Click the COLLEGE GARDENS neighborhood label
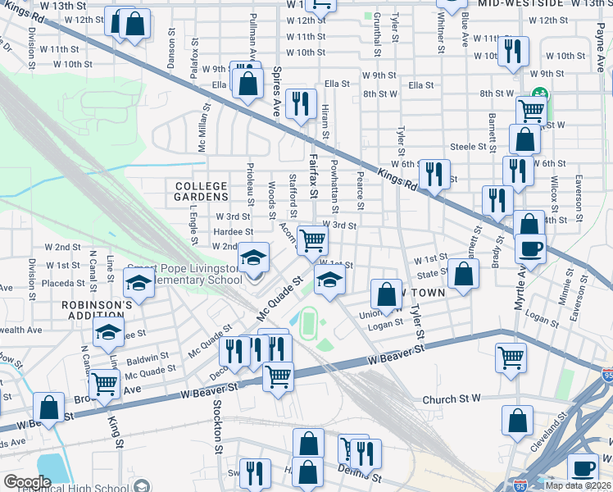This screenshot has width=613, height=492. click(x=201, y=192)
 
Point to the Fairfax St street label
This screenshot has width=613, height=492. click(x=313, y=179)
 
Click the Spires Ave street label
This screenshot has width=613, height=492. click(x=277, y=92)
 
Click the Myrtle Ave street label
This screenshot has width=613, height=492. click(x=519, y=287)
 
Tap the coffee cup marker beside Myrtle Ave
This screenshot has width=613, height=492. click(x=531, y=247)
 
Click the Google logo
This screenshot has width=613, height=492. click(x=27, y=482)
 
